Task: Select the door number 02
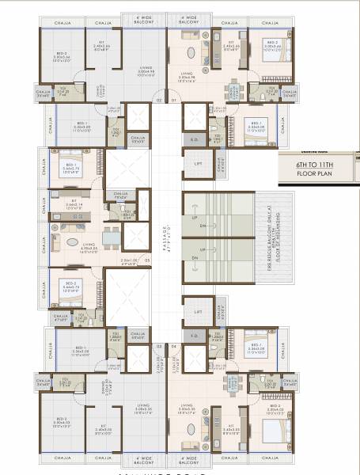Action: pyautogui.click(x=158, y=101)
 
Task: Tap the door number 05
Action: pyautogui.click(x=147, y=259)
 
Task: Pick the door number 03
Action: pyautogui.click(x=158, y=346)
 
